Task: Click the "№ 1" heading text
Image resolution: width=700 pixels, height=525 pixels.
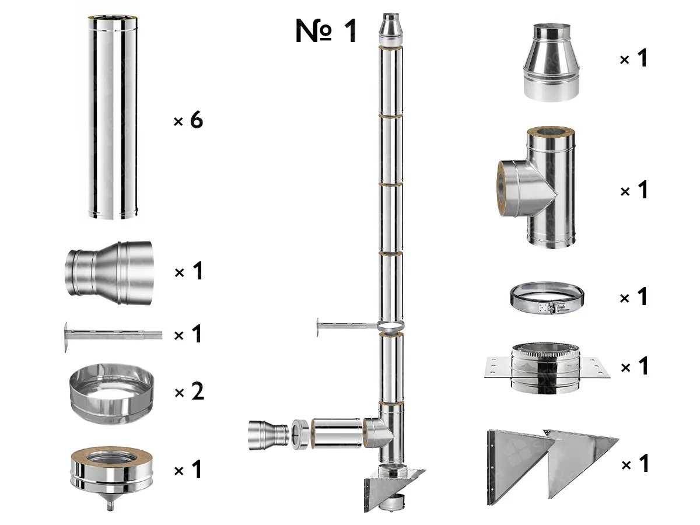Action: point(325,31)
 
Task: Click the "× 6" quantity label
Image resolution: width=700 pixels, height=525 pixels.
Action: point(188,121)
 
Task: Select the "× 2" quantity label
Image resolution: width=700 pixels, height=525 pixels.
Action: point(189,392)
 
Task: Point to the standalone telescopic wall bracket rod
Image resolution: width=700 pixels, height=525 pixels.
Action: point(111,336)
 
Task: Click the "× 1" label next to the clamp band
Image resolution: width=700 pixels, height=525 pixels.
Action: point(633,298)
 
